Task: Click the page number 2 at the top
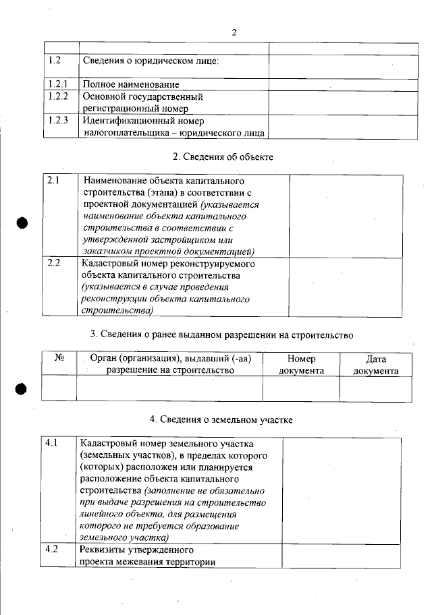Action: [x=234, y=32]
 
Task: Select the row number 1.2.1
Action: [x=59, y=84]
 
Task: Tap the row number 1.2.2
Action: [x=59, y=96]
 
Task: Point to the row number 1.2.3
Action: [x=59, y=121]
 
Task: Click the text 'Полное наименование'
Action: [x=131, y=85]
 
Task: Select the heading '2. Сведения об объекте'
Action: [x=223, y=157]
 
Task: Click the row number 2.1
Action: [x=54, y=181]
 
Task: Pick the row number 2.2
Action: [x=54, y=264]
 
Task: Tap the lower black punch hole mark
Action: [x=22, y=388]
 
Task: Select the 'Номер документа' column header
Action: [x=301, y=365]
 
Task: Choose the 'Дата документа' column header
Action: [x=375, y=365]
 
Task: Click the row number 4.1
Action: [x=53, y=444]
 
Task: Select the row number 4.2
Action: [x=53, y=550]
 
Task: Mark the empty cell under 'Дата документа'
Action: [x=375, y=388]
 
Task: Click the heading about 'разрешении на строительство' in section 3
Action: [x=222, y=334]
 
